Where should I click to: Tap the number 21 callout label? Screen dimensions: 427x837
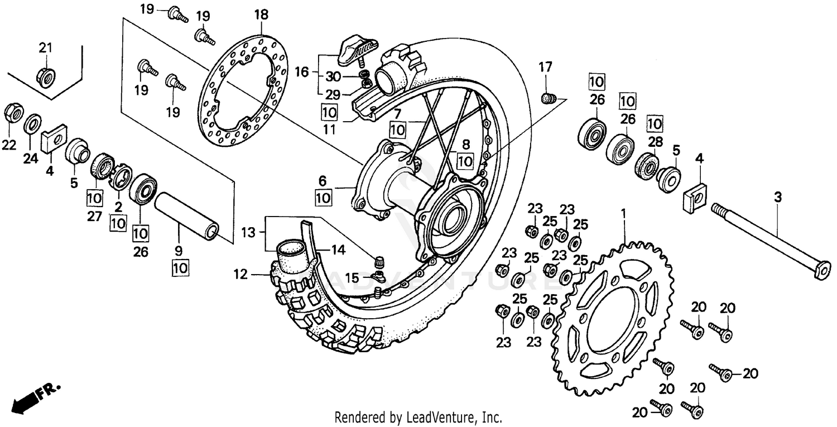(x=45, y=48)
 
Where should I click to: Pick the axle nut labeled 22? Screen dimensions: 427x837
(x=13, y=114)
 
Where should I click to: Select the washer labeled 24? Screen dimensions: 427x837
(x=33, y=123)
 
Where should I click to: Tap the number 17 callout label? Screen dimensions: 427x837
(x=545, y=68)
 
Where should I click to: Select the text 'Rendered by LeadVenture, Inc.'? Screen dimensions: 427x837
(x=418, y=417)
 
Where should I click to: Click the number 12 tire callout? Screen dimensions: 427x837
(x=240, y=274)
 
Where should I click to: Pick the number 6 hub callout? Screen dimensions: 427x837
(x=323, y=181)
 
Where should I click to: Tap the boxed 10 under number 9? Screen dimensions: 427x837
(x=180, y=268)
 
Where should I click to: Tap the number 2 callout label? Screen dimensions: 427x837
(x=118, y=207)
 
